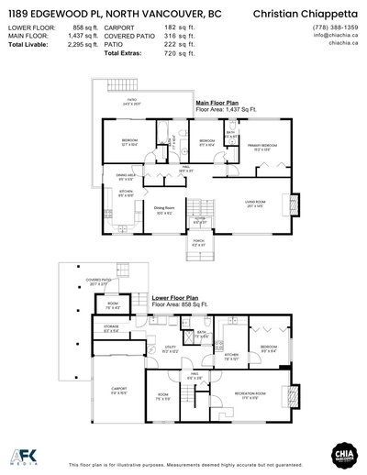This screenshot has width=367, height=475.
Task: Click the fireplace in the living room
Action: (295, 201)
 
